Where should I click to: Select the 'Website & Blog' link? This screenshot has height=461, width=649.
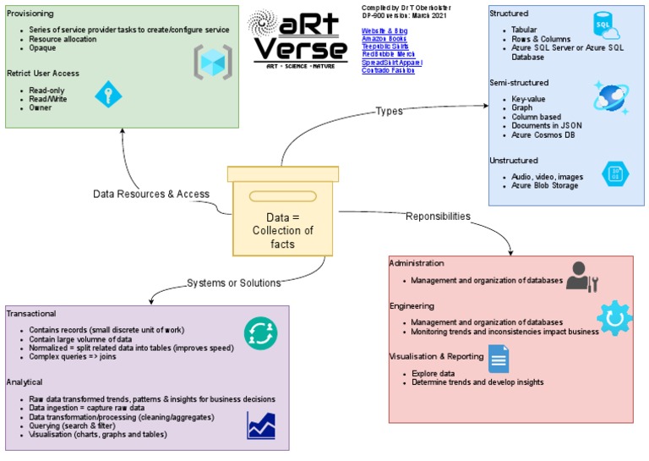pyautogui.click(x=384, y=30)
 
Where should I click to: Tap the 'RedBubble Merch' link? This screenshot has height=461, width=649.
pyautogui.click(x=388, y=54)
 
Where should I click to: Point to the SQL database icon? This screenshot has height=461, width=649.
pyautogui.click(x=608, y=28)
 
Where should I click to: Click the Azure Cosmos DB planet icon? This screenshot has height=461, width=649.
pyautogui.click(x=610, y=96)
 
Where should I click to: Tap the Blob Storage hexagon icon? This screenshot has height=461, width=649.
pyautogui.click(x=614, y=173)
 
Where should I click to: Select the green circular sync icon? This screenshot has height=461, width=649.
pyautogui.click(x=260, y=332)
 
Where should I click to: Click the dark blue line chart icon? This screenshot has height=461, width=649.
pyautogui.click(x=261, y=424)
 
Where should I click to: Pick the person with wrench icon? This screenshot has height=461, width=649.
pyautogui.click(x=581, y=277)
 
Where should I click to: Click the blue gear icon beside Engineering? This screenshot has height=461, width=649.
pyautogui.click(x=614, y=317)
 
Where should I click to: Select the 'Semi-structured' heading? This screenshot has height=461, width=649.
pyautogui.click(x=519, y=83)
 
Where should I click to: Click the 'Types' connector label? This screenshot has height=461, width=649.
pyautogui.click(x=390, y=112)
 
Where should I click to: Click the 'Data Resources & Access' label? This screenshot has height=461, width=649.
pyautogui.click(x=150, y=194)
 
